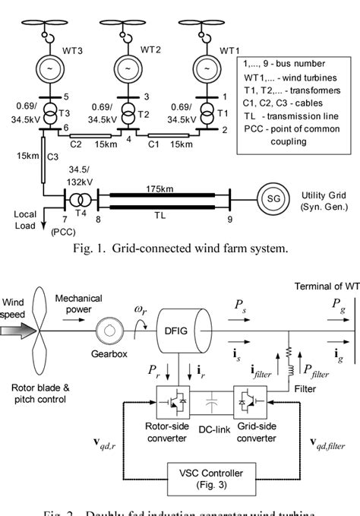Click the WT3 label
(78, 50)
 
